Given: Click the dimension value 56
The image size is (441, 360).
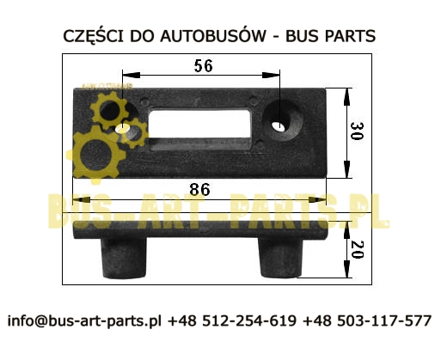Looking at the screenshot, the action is click(x=204, y=66).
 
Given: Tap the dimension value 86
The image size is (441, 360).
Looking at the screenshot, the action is click(x=199, y=190).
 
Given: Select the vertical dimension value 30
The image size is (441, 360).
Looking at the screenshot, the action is click(x=357, y=131).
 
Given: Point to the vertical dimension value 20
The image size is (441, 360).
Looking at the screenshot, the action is click(x=357, y=249).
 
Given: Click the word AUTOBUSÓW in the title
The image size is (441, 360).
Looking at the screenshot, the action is click(x=213, y=36).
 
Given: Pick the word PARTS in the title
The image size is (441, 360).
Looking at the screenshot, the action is click(x=350, y=36).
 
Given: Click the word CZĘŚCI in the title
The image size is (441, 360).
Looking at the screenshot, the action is click(x=94, y=36).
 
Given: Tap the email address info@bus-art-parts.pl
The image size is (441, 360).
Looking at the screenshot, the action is click(x=84, y=320).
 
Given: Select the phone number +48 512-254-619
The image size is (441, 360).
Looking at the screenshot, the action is click(x=232, y=320).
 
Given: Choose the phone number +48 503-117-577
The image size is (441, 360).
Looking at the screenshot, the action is click(x=367, y=320).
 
